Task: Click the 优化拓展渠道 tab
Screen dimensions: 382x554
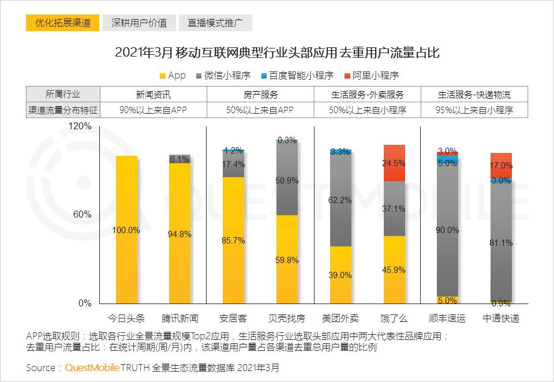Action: click(63, 23)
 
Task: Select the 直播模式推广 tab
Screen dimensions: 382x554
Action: click(215, 23)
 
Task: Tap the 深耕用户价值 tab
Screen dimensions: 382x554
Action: click(139, 23)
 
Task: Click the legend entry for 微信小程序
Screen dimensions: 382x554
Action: click(226, 76)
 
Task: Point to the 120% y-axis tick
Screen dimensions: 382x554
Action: click(80, 126)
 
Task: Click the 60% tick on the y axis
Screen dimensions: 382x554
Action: click(83, 215)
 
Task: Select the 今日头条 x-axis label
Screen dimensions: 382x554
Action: click(126, 318)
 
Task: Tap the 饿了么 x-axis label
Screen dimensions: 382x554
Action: click(394, 318)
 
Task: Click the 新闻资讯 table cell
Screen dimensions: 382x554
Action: click(153, 94)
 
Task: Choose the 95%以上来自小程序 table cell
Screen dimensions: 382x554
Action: click(476, 109)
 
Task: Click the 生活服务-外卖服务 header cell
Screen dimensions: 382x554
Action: click(368, 94)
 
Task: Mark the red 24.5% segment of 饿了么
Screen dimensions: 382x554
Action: click(394, 163)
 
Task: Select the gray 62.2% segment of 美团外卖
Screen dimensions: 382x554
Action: click(340, 200)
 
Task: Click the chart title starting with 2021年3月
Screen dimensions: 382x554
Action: click(277, 54)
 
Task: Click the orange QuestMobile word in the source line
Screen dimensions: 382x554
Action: click(92, 368)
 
